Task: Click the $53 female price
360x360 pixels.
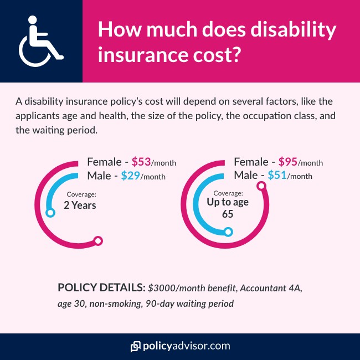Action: coord(141,163)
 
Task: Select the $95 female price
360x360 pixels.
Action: coord(288,163)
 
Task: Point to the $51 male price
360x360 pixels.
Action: coord(278,176)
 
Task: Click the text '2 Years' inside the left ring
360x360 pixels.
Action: coord(80,205)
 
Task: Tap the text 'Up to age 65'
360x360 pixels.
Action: coord(228,208)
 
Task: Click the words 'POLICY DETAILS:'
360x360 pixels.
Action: coord(101,289)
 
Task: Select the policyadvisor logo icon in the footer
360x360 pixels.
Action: coord(135,347)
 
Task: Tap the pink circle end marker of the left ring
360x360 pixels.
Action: coord(99,240)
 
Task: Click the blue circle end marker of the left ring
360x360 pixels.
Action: coord(50,213)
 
